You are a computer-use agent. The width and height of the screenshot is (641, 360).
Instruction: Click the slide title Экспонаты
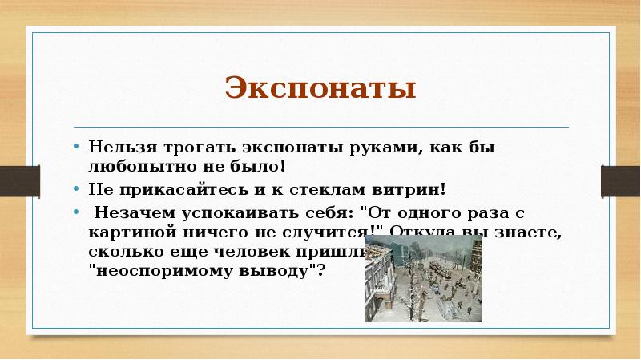click(320, 87)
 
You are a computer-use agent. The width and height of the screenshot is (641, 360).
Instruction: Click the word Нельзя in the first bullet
click(115, 148)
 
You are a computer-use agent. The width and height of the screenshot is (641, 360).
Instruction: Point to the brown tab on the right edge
click(621, 174)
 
